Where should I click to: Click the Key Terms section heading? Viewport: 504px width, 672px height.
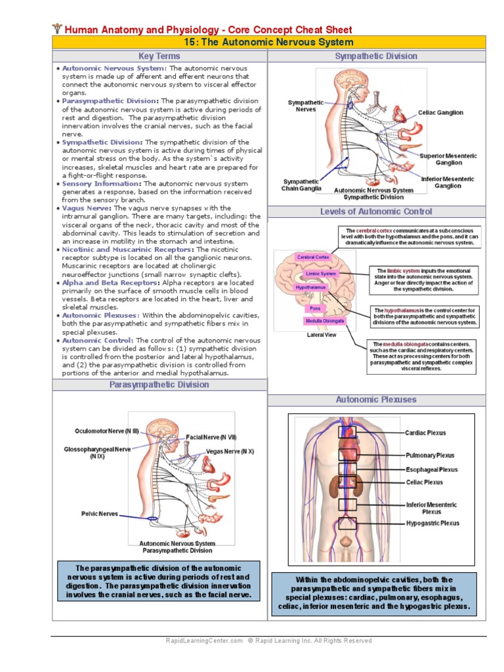[159, 56]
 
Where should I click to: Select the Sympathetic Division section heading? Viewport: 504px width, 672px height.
[376, 56]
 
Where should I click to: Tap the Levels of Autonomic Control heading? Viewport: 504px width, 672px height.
[376, 212]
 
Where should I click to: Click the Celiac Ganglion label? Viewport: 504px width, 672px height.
[440, 113]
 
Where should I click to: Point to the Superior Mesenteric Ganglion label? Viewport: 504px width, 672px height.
[448, 159]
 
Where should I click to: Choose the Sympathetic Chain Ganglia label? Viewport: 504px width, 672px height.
[302, 185]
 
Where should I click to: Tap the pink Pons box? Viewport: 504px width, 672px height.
[315, 308]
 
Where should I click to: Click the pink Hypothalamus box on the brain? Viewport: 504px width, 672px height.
[310, 287]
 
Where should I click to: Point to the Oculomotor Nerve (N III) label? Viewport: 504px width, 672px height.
[107, 431]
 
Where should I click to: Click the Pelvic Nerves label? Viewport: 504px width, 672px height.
[100, 514]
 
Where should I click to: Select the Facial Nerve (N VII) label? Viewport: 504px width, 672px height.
[211, 436]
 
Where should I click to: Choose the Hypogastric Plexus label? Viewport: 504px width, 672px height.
[432, 524]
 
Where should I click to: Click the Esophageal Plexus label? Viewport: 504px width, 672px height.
[432, 470]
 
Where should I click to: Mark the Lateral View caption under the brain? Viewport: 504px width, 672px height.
[322, 335]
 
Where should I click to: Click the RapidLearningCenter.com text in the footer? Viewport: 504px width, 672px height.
[204, 640]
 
